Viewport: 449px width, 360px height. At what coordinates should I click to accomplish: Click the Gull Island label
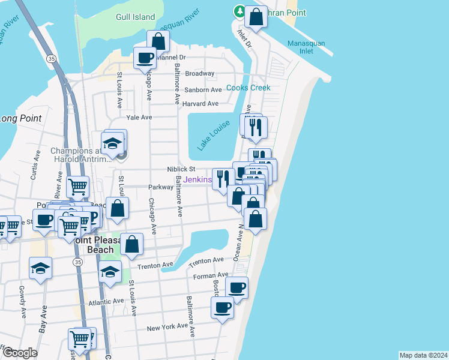tap(136, 17)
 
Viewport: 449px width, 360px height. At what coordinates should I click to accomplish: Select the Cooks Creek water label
tap(248, 88)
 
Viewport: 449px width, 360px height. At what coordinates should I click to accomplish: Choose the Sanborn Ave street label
tap(203, 90)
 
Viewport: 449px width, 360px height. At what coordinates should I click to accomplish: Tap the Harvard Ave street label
tap(200, 104)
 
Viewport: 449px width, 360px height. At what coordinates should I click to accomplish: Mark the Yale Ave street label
tap(139, 118)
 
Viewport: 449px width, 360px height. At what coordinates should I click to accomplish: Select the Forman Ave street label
tap(208, 276)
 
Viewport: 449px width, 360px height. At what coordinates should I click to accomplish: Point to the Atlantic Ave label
tap(105, 301)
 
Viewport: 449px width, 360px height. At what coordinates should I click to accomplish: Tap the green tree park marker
tap(240, 11)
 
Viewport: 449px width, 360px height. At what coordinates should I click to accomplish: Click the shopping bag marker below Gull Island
tap(158, 41)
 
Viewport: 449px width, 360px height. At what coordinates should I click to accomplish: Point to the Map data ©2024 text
tap(423, 355)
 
